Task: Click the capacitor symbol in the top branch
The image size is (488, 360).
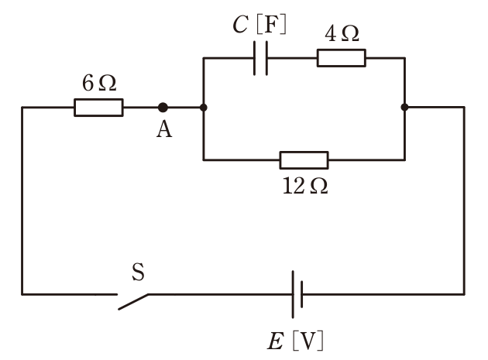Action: (260, 58)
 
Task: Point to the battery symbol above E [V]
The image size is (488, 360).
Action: (297, 294)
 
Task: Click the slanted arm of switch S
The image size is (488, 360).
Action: (133, 302)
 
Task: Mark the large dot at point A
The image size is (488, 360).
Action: (163, 108)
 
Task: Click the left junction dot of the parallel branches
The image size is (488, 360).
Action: (204, 108)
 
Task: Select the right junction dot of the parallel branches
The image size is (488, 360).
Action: (404, 108)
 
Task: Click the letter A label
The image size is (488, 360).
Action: (164, 129)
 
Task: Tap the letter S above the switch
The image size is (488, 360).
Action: (138, 272)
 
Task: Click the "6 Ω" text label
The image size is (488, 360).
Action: (99, 84)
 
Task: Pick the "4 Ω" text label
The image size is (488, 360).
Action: (342, 33)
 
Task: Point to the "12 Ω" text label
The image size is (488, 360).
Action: (305, 186)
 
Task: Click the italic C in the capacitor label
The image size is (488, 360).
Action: (241, 24)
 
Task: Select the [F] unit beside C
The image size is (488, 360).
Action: (271, 25)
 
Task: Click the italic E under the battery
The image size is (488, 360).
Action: (276, 341)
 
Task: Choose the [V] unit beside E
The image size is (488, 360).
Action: (308, 341)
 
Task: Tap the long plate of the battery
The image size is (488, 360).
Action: (293, 294)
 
